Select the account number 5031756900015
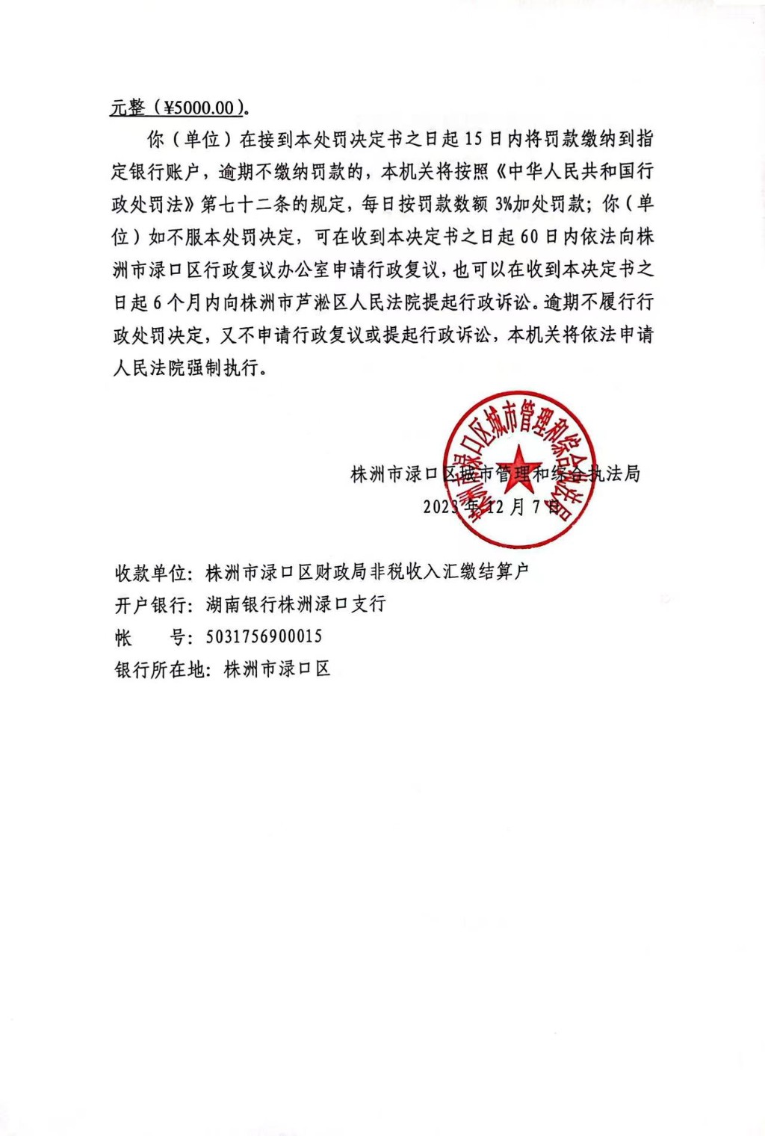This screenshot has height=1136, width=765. click(x=264, y=636)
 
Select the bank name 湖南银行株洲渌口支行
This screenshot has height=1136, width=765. click(x=296, y=604)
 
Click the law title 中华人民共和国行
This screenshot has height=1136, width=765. click(x=580, y=172)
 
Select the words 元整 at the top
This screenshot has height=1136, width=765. click(x=128, y=108)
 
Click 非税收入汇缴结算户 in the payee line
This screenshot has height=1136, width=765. click(x=455, y=573)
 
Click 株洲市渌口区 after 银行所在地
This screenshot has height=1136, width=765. click(x=277, y=669)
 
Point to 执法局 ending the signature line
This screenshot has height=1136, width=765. click(x=614, y=474)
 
